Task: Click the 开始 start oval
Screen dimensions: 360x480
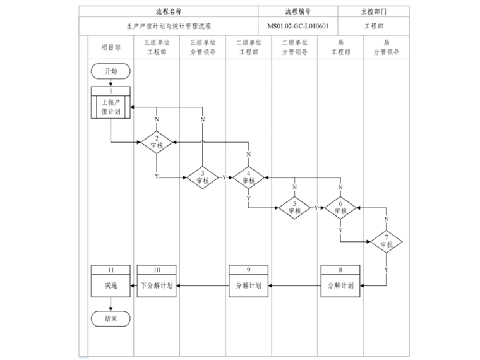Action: tap(111, 71)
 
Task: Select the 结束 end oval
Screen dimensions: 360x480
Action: tap(111, 320)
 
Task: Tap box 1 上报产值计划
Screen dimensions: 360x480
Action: tap(111, 102)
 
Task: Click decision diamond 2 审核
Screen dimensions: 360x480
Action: tap(157, 142)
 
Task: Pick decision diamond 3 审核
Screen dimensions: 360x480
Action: tap(203, 177)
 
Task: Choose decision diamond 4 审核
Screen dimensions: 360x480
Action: tap(249, 177)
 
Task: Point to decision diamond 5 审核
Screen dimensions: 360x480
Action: tap(295, 208)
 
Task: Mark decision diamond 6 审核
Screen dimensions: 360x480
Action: tap(340, 208)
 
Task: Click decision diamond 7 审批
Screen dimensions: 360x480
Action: tap(387, 241)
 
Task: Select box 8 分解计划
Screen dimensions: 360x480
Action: tap(340, 281)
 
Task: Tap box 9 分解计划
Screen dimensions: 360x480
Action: tap(249, 281)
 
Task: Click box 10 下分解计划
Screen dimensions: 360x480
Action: tap(157, 281)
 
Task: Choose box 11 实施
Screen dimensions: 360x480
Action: tap(111, 281)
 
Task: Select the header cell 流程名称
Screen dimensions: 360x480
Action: tap(168, 11)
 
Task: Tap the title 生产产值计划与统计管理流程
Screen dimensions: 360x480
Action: tap(168, 27)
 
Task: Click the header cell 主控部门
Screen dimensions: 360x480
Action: tap(373, 11)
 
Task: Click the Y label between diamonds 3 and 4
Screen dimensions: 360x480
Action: tap(224, 177)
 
